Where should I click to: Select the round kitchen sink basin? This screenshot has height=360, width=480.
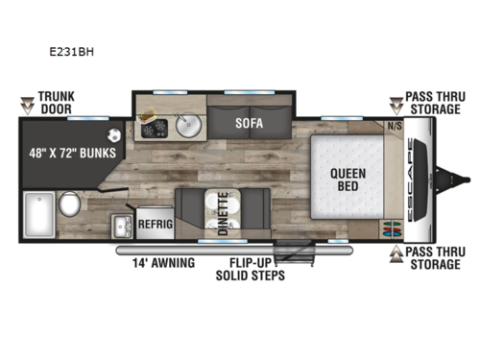(188, 124)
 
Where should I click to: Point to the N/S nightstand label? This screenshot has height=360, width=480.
(394, 126)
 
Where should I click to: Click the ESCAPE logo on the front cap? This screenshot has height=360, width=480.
(417, 179)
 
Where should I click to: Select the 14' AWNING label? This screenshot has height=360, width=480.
(167, 262)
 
